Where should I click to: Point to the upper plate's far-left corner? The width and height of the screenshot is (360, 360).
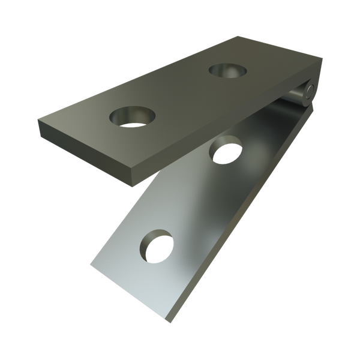click(37, 119)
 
